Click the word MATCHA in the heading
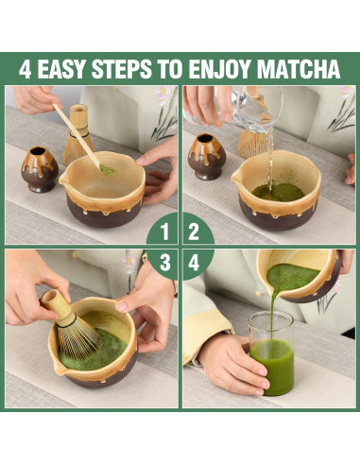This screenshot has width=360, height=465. (x=299, y=68)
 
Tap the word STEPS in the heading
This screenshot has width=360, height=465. (x=122, y=68)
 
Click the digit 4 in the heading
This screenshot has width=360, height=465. (x=25, y=68)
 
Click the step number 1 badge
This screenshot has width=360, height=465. (x=163, y=230)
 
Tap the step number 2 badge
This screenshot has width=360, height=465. (x=197, y=230)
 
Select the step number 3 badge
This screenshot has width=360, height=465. (x=163, y=264)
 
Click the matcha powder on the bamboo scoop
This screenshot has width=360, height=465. (x=108, y=170)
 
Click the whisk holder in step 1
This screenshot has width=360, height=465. (x=40, y=169)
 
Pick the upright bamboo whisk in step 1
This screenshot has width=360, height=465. (x=78, y=134)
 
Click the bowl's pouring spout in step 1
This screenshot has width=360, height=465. (x=64, y=180)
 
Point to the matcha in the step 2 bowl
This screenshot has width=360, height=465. (x=278, y=192)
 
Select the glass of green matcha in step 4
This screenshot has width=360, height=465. (x=271, y=353)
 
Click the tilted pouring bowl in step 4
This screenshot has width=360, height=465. (x=299, y=275)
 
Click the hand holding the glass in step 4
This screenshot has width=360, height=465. (x=232, y=363)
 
